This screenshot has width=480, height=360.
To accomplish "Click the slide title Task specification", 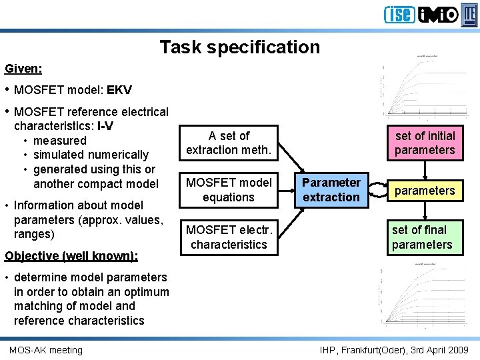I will pos(239,47).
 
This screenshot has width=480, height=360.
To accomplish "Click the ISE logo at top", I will pos(399,15).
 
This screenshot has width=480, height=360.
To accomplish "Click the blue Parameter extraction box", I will pos(331,190).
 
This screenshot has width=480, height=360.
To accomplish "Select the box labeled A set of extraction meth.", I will pos(229,143).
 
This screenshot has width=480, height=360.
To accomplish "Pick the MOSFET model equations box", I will pos(229,190).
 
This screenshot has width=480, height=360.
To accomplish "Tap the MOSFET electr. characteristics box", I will pos(229,237).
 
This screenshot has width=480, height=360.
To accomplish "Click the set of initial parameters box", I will pos(425,143).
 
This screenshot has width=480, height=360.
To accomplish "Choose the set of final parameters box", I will pos(422,237).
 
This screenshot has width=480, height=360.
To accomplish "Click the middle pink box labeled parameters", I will pos(424,191).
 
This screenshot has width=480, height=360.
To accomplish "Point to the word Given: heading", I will pos(23,69).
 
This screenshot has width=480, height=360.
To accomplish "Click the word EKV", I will pos(119,90).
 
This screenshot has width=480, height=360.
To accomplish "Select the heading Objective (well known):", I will pos(71,256).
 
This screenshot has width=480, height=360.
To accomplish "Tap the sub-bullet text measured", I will pos(60,141).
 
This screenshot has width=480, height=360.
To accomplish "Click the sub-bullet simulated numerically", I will pos(91,155).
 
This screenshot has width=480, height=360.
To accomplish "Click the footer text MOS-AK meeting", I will pos(46,350).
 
